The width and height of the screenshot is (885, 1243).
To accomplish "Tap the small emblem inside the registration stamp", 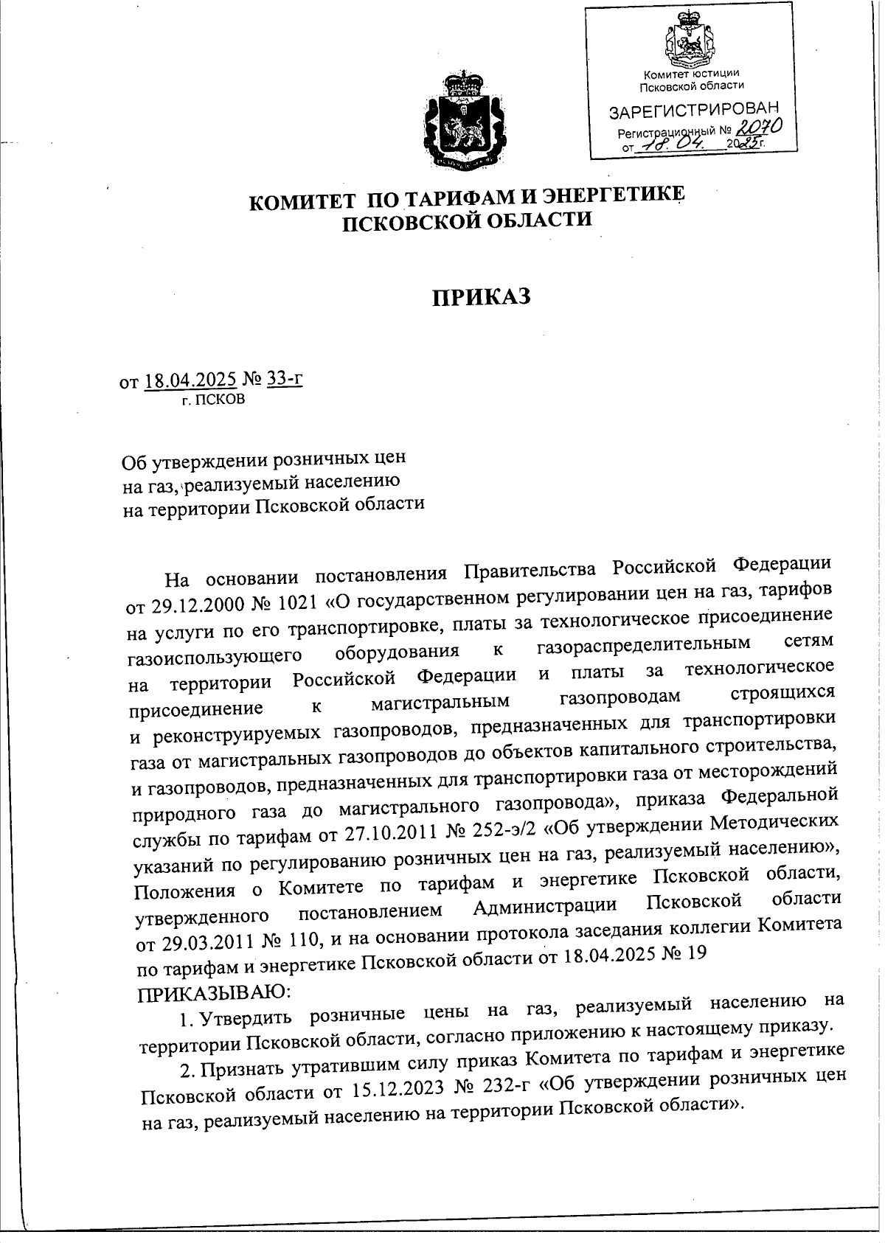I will click(x=691, y=45).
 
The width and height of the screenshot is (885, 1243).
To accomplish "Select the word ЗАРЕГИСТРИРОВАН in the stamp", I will click(x=693, y=111).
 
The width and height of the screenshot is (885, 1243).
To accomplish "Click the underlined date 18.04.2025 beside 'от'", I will click(x=190, y=381).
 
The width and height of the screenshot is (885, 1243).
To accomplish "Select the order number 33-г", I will click(x=285, y=380).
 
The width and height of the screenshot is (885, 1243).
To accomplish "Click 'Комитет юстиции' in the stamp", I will click(x=690, y=74).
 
